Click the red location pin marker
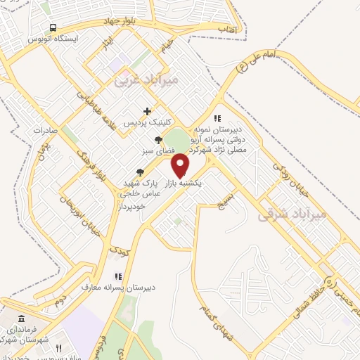(181, 165)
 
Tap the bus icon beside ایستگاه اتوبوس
(52, 27)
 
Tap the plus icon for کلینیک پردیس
(147, 110)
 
